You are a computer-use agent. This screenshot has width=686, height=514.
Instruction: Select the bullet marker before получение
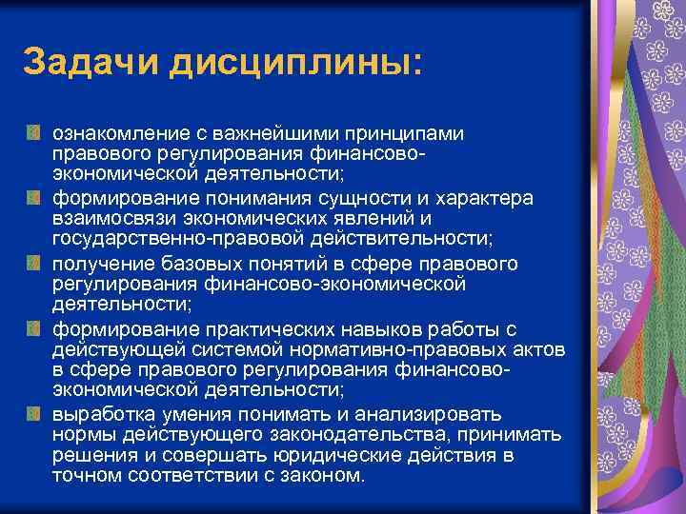(33, 262)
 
